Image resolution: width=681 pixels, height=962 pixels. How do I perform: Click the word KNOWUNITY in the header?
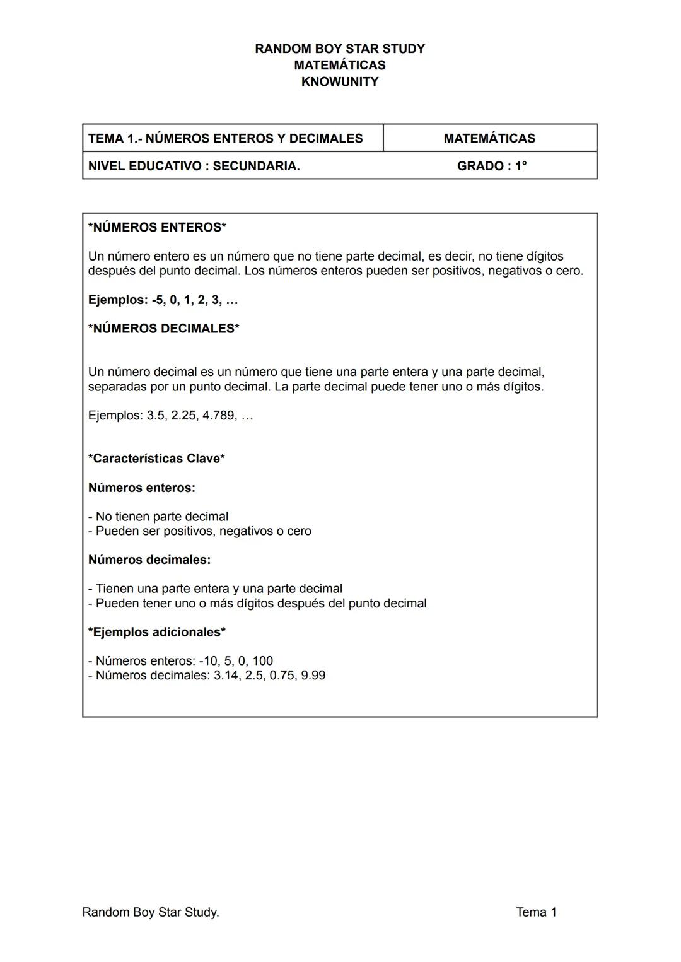339,82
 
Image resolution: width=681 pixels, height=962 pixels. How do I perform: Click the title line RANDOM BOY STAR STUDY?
339,49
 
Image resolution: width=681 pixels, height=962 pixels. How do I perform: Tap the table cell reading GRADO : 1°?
491,166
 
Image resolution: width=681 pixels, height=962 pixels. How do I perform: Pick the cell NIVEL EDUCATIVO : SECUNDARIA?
194,166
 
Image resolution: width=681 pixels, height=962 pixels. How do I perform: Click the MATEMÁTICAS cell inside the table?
489,138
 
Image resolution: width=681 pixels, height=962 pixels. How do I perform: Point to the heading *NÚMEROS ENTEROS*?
157,227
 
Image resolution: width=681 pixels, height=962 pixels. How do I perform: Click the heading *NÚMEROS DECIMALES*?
163,329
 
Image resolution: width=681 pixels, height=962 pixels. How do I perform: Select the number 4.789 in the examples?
218,416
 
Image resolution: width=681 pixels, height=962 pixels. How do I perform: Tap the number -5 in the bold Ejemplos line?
158,300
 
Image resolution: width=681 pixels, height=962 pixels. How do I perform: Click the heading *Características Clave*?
156,459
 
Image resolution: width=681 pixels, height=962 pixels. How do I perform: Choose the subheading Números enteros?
141,488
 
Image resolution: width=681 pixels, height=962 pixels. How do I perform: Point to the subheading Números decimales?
149,560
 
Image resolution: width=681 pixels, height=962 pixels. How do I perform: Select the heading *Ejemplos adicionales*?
156,632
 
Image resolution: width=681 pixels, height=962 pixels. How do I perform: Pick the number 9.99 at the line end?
313,676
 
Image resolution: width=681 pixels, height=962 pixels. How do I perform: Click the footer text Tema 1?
536,912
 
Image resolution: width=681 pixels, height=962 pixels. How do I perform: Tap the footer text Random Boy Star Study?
150,912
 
